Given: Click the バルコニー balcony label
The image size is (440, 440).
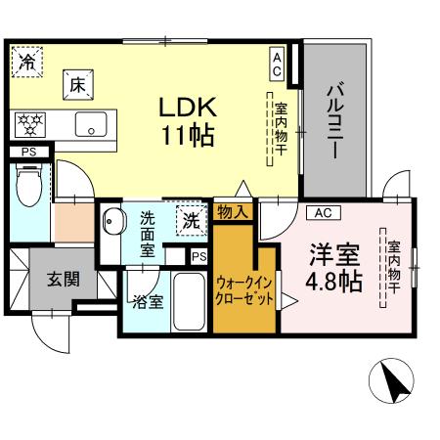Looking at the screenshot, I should pyautogui.click(x=333, y=123).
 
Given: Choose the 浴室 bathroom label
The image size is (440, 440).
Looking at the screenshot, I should pyautogui.click(x=151, y=301).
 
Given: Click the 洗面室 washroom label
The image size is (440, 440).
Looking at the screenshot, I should pyautogui.click(x=147, y=234).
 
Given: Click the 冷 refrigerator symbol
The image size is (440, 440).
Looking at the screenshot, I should pyautogui.click(x=28, y=62).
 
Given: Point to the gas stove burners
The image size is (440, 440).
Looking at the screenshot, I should pyautogui.click(x=31, y=124).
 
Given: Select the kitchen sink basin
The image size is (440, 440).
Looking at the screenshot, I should pyautogui.click(x=93, y=125).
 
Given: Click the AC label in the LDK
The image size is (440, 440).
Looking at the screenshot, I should pyautogui.click(x=277, y=65).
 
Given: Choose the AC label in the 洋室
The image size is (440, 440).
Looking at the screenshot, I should pyautogui.click(x=324, y=212).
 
